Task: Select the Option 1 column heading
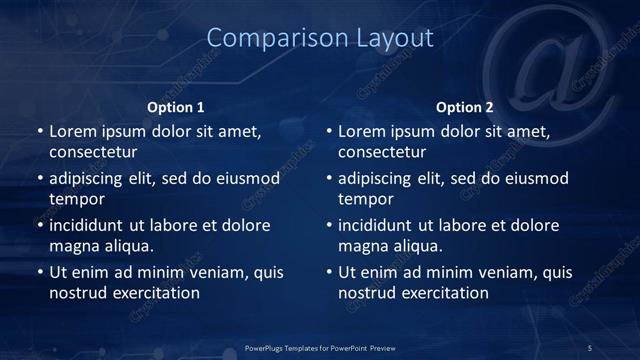coord(176,107)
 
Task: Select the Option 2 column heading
coord(465,107)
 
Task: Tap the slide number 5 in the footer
coord(590,347)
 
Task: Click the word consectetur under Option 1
coord(93,153)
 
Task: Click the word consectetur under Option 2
coord(383,153)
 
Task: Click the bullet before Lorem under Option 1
coord(39,132)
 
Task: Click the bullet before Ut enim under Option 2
coord(329,272)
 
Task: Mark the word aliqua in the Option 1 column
coord(125,246)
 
